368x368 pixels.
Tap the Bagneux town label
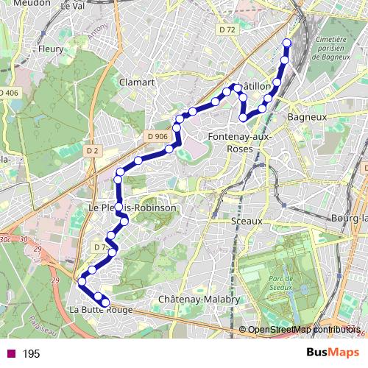(x=306, y=116)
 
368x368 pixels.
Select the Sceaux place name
(x=247, y=220)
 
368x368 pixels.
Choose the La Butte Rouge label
(x=101, y=311)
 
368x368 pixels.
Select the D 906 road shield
(x=157, y=136)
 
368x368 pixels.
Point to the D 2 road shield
(x=92, y=150)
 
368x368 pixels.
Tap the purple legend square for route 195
(x=10, y=354)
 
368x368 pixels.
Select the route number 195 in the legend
(x=31, y=354)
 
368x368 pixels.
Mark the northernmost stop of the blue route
(x=286, y=43)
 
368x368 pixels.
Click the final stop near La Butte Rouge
(x=106, y=302)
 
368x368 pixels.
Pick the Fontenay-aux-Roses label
(x=241, y=143)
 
